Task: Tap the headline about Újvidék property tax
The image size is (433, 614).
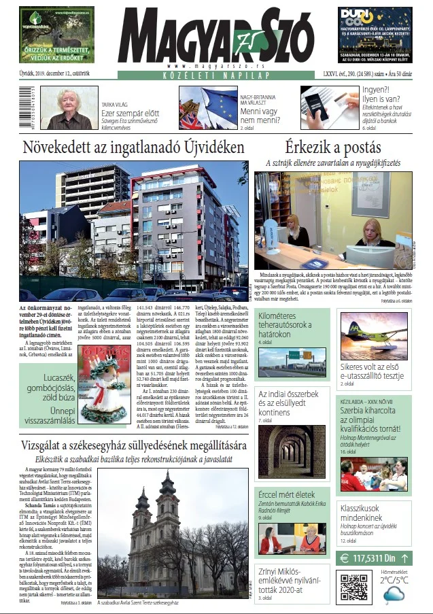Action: (133, 147)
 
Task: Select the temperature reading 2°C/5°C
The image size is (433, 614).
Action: (395, 580)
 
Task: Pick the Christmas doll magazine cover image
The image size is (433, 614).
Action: (104, 383)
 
